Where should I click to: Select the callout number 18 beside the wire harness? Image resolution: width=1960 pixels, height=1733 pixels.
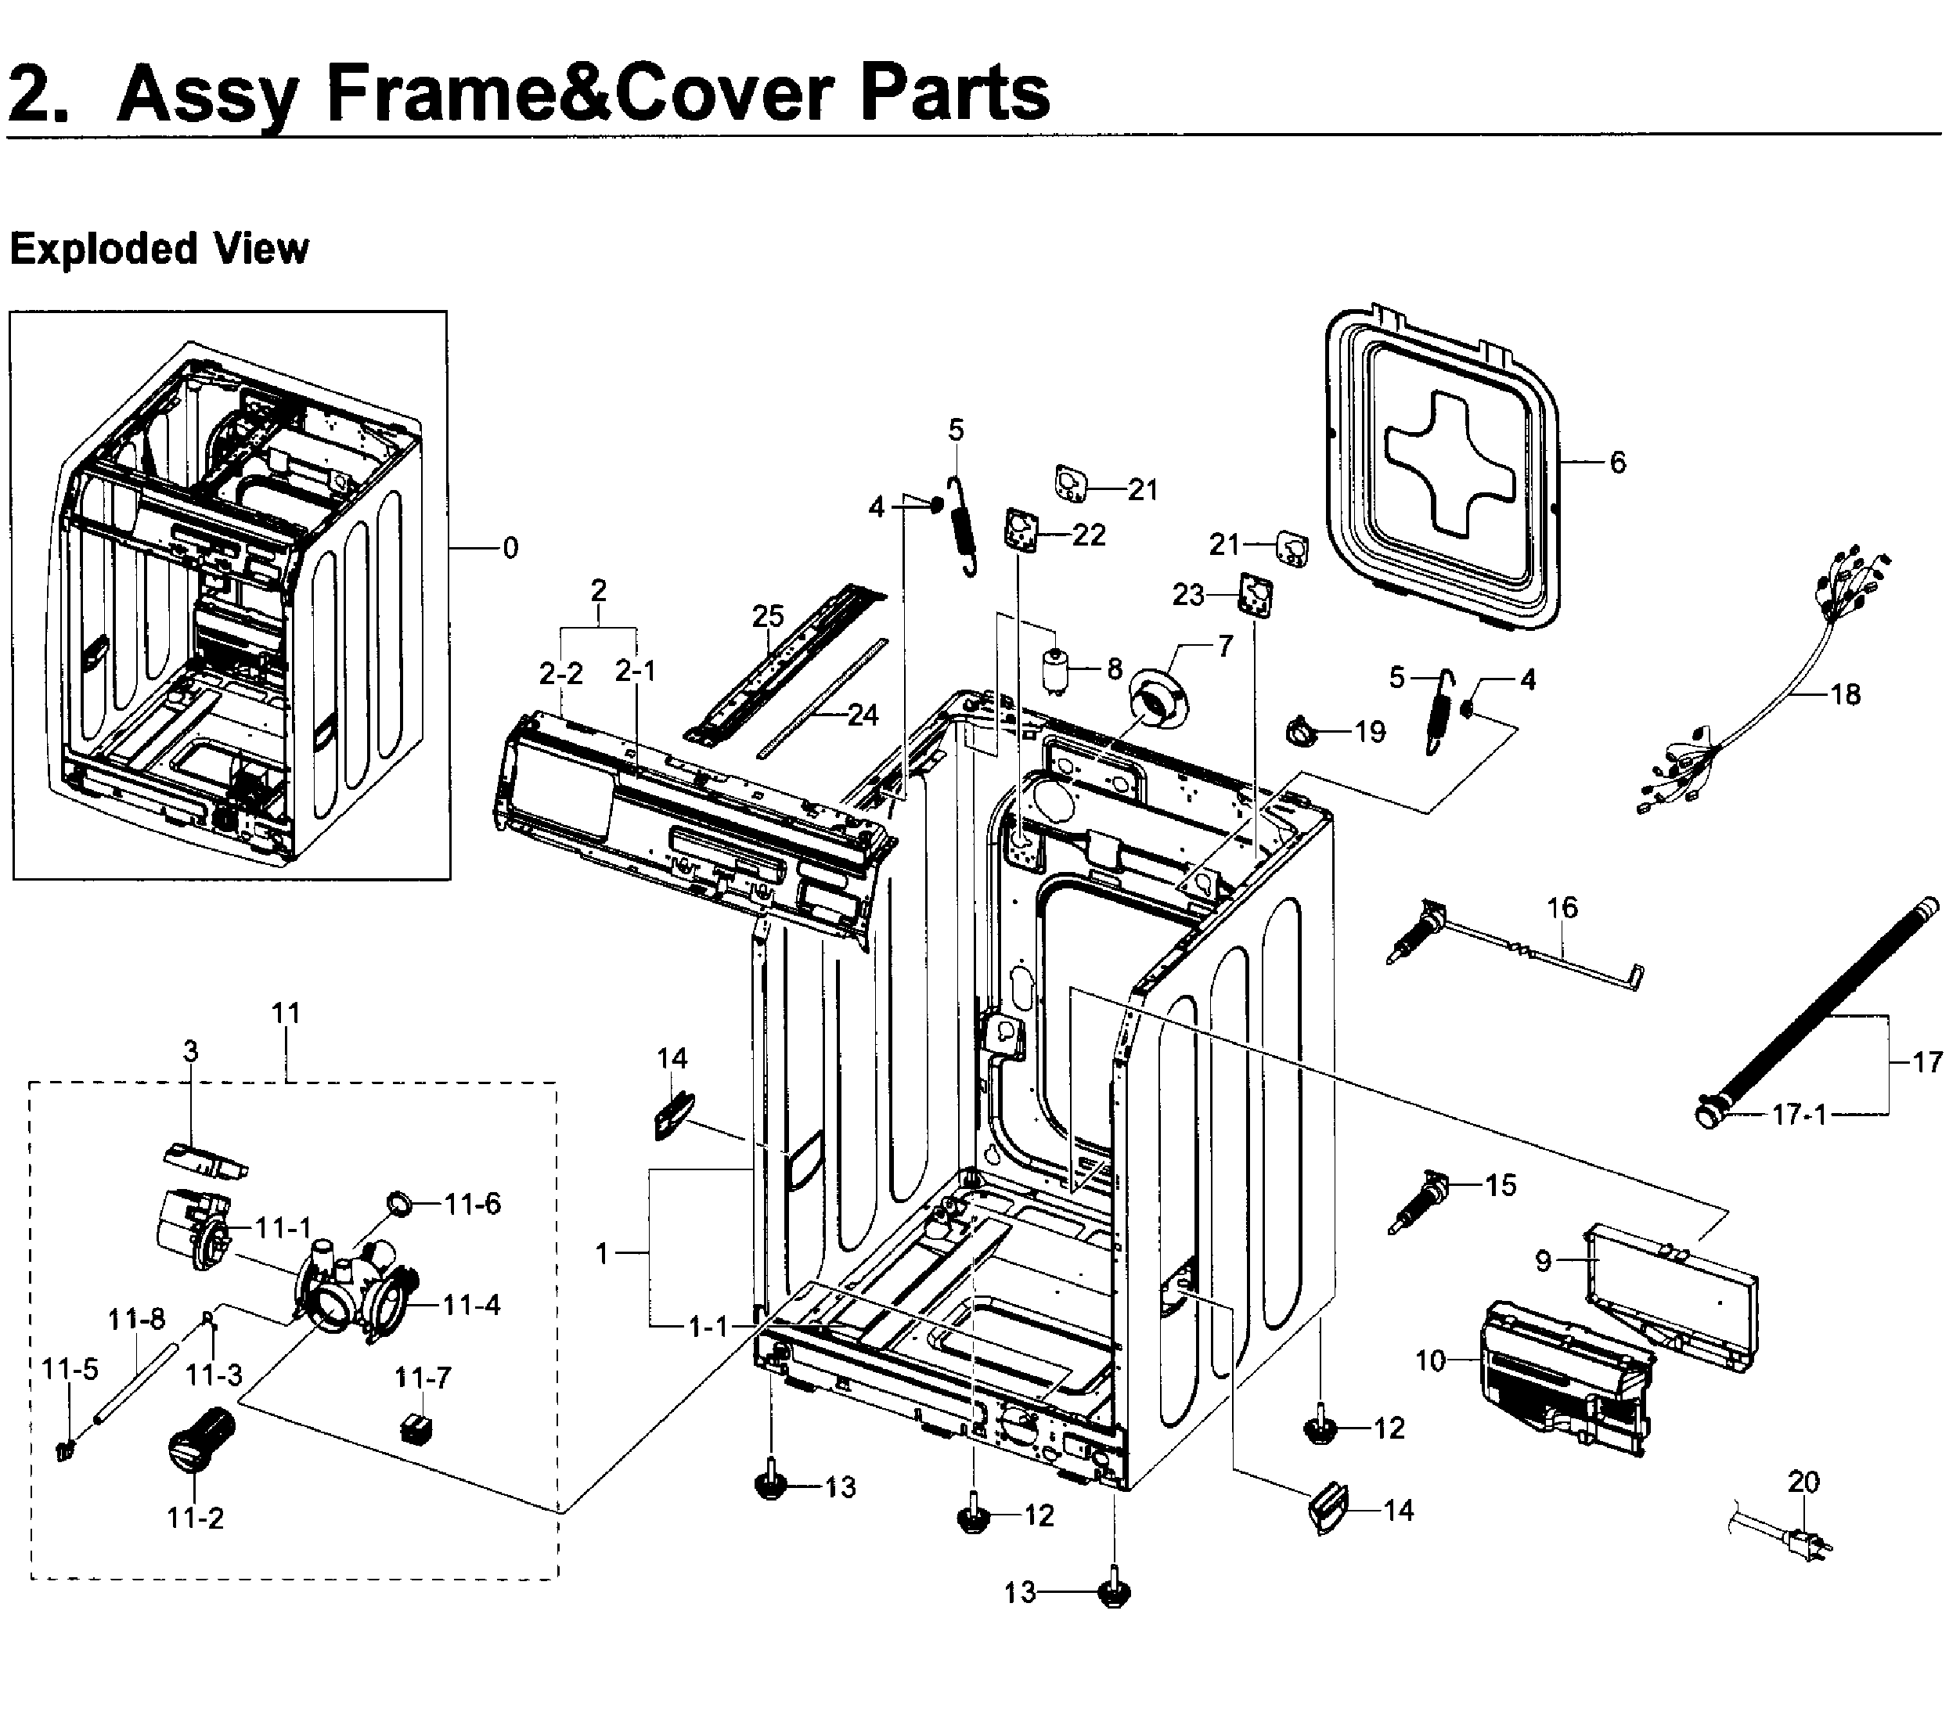pos(1845,694)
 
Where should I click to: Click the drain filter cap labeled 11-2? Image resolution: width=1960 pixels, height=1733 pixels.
pos(200,1439)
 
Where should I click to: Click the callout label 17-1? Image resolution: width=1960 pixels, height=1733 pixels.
pos(1799,1115)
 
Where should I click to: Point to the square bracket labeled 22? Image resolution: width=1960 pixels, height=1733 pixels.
pos(1022,529)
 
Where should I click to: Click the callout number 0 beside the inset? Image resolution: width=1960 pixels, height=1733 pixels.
pos(510,549)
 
